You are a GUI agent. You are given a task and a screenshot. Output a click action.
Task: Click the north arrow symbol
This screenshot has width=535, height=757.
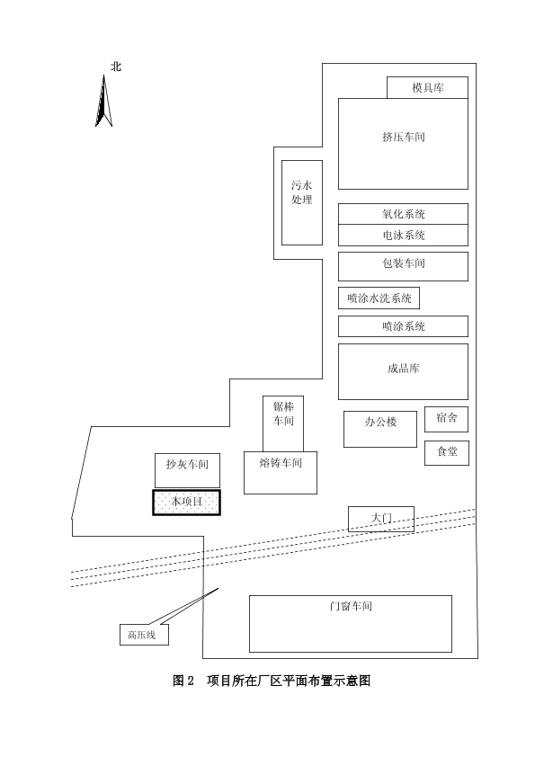click(103, 102)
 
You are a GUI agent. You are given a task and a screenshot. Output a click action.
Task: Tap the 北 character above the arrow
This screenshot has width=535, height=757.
click(116, 67)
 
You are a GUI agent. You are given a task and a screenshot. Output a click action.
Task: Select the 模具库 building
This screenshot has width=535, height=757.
click(427, 87)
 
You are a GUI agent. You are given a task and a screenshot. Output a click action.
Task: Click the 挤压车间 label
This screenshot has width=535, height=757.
click(404, 138)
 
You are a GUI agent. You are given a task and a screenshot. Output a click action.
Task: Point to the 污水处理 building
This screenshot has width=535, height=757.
click(302, 203)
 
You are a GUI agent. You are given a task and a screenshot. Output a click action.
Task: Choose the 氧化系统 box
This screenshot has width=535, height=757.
click(403, 214)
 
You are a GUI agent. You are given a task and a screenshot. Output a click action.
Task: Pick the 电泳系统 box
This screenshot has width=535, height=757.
click(403, 236)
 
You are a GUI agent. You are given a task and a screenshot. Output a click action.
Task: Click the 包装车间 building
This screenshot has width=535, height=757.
click(403, 266)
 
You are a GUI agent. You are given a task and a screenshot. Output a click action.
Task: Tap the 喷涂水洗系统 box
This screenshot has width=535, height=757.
click(379, 298)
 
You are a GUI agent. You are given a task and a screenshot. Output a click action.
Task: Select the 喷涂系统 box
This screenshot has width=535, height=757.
click(403, 326)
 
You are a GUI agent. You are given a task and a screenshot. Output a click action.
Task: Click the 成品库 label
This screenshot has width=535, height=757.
click(404, 369)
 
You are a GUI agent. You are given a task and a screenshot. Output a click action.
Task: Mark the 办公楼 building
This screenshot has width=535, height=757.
click(380, 429)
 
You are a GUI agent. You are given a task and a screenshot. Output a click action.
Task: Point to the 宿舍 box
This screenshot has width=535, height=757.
click(446, 419)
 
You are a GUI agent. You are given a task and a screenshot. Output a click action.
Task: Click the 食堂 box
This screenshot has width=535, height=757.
click(447, 453)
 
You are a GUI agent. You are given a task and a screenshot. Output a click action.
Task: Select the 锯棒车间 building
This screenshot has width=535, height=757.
click(283, 423)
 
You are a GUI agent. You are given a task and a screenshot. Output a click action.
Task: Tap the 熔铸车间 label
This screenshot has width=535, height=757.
click(281, 463)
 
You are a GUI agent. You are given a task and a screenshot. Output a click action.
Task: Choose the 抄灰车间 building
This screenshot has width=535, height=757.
click(187, 470)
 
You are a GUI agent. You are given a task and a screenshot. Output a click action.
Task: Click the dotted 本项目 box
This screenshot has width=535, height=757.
click(186, 502)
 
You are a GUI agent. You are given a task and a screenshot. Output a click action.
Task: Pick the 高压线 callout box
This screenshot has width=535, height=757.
click(144, 635)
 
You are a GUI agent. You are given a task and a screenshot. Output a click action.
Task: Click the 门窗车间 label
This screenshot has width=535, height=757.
click(351, 606)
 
